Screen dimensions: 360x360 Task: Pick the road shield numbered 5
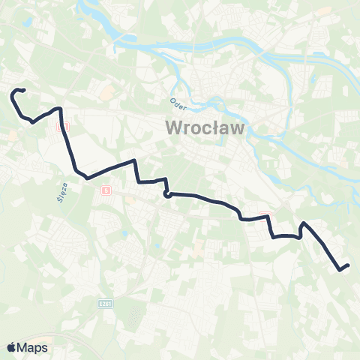coord(106,190)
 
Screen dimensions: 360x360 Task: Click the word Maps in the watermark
coord(32,347)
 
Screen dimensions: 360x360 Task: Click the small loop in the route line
coord(167,195)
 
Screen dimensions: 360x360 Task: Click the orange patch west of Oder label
coord(106,94)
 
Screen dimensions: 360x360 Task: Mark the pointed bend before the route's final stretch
coord(302,223)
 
